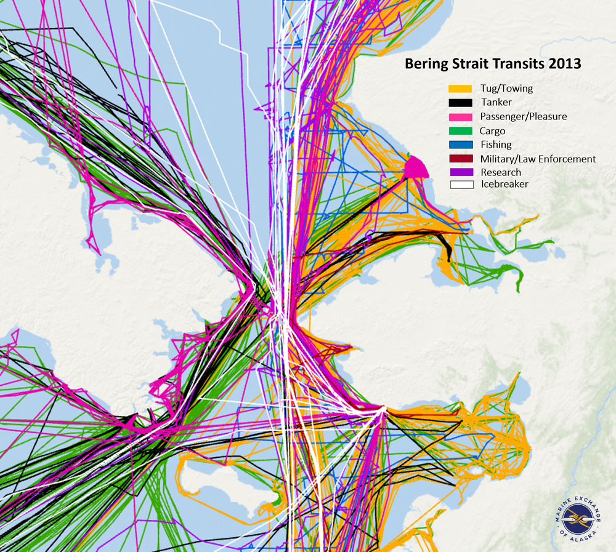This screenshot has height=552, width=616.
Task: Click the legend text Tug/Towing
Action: pyautogui.click(x=506, y=89)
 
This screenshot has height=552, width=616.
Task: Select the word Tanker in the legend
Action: pyautogui.click(x=496, y=102)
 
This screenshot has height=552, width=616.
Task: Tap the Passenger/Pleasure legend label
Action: pyautogui.click(x=524, y=116)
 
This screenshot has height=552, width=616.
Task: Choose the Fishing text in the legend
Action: pyautogui.click(x=496, y=145)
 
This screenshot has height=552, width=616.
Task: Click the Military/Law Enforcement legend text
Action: pyautogui.click(x=538, y=159)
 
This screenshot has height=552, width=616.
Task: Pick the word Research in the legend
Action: pyautogui.click(x=501, y=172)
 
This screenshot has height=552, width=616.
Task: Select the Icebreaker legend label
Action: pyautogui.click(x=504, y=184)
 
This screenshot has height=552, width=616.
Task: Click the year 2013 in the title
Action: pyautogui.click(x=565, y=63)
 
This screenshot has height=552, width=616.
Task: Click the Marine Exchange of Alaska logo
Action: pyautogui.click(x=578, y=521)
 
